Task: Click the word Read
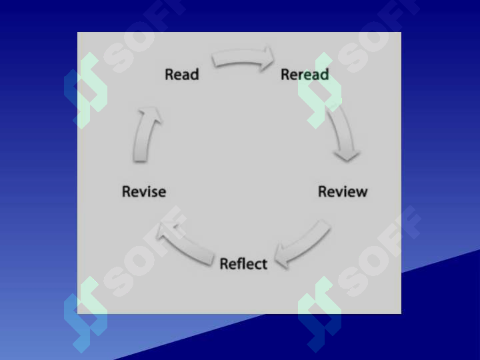(182, 75)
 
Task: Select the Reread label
(305, 75)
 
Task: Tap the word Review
(343, 191)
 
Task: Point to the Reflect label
(244, 264)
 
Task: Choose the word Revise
(144, 191)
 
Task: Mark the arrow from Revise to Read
(146, 135)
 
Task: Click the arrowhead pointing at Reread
(267, 59)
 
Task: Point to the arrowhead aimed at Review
(347, 155)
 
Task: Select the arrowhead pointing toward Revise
(165, 231)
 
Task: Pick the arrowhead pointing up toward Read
(150, 113)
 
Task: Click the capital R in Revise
(126, 192)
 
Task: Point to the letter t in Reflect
(265, 265)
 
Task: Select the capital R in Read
(169, 75)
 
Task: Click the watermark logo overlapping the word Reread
(320, 91)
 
